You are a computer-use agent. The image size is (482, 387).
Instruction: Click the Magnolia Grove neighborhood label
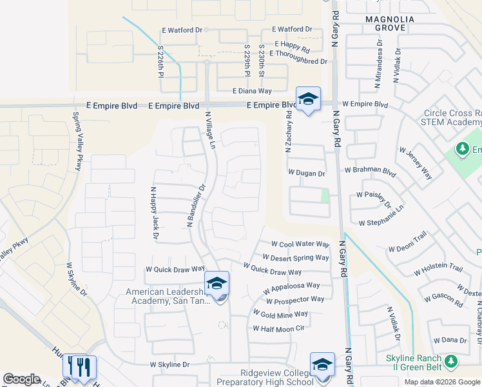[385, 23]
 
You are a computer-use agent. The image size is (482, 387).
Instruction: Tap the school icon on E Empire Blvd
[309, 99]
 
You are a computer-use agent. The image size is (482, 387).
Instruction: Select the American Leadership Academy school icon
[217, 284]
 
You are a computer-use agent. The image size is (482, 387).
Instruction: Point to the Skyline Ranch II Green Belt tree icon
[451, 359]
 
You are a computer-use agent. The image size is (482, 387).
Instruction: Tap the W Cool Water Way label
[300, 244]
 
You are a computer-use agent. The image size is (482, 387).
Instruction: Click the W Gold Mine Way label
[280, 314]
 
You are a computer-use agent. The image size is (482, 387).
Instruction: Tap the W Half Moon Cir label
[278, 328]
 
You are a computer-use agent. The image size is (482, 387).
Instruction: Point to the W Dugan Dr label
[306, 173]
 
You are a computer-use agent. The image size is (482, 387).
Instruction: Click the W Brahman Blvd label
[370, 170]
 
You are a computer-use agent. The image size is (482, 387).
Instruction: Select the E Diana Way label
[252, 92]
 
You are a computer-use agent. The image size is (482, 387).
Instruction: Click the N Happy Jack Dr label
[154, 213]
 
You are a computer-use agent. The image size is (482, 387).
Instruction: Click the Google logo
[22, 379]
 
